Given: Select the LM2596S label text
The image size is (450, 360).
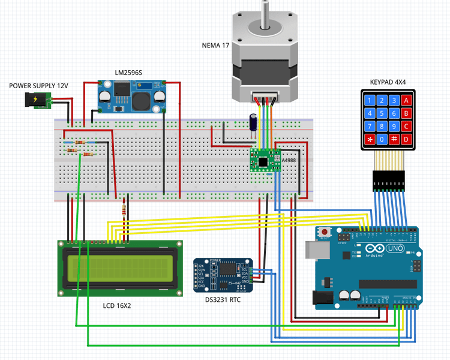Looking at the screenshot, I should point(128,73).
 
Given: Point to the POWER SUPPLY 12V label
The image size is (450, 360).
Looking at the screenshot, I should point(38,86).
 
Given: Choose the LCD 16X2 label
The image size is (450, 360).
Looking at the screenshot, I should point(117,305).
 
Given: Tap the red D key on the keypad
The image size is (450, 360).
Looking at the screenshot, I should point(407,140).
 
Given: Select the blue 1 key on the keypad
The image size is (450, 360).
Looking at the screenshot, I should point(368,100).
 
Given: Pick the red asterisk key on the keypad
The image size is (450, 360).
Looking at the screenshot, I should point(368,140).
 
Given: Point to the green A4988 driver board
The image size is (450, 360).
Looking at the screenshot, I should point(265,160).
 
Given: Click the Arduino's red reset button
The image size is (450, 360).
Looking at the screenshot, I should point(325,231).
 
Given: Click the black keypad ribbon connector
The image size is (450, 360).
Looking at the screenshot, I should point(389,181).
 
